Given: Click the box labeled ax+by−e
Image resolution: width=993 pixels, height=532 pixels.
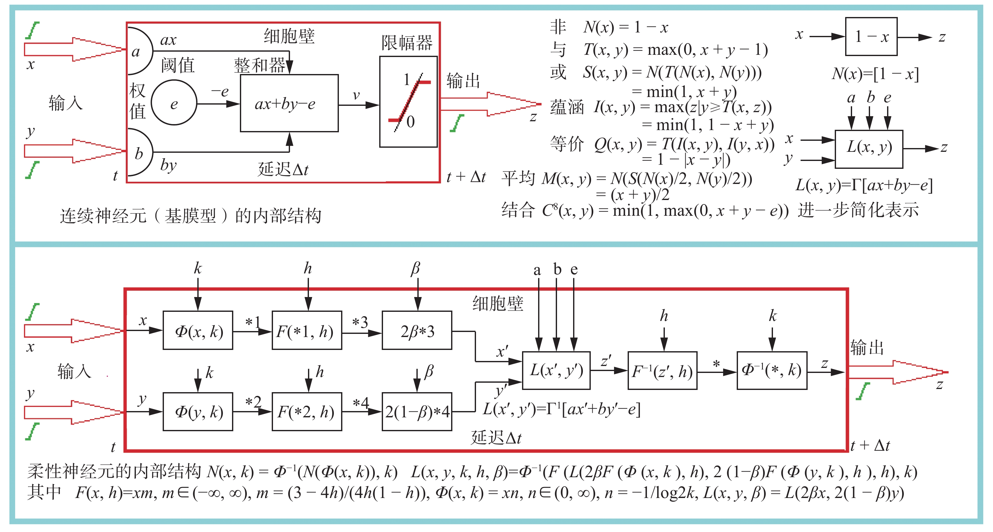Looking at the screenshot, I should click(x=289, y=103).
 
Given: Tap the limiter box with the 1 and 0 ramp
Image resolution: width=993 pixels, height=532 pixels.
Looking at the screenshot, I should click(x=408, y=102).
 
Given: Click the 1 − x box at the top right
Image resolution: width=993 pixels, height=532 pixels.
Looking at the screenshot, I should click(x=871, y=37).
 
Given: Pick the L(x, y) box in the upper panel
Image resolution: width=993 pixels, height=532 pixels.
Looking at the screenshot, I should click(x=869, y=149).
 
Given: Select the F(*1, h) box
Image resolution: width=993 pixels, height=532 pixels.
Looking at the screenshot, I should click(x=307, y=330).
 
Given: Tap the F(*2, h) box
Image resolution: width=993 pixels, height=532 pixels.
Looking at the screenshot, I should click(x=307, y=411).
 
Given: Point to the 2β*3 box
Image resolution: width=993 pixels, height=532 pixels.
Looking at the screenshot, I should click(x=417, y=330).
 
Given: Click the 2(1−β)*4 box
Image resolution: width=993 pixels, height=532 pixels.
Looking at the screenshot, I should click(x=417, y=411).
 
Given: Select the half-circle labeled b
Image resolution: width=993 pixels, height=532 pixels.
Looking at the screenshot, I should click(x=139, y=152).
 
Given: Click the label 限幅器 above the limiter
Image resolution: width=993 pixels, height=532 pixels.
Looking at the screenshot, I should click(x=407, y=43).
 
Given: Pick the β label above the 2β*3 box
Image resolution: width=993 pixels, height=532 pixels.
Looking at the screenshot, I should click(x=415, y=268).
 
